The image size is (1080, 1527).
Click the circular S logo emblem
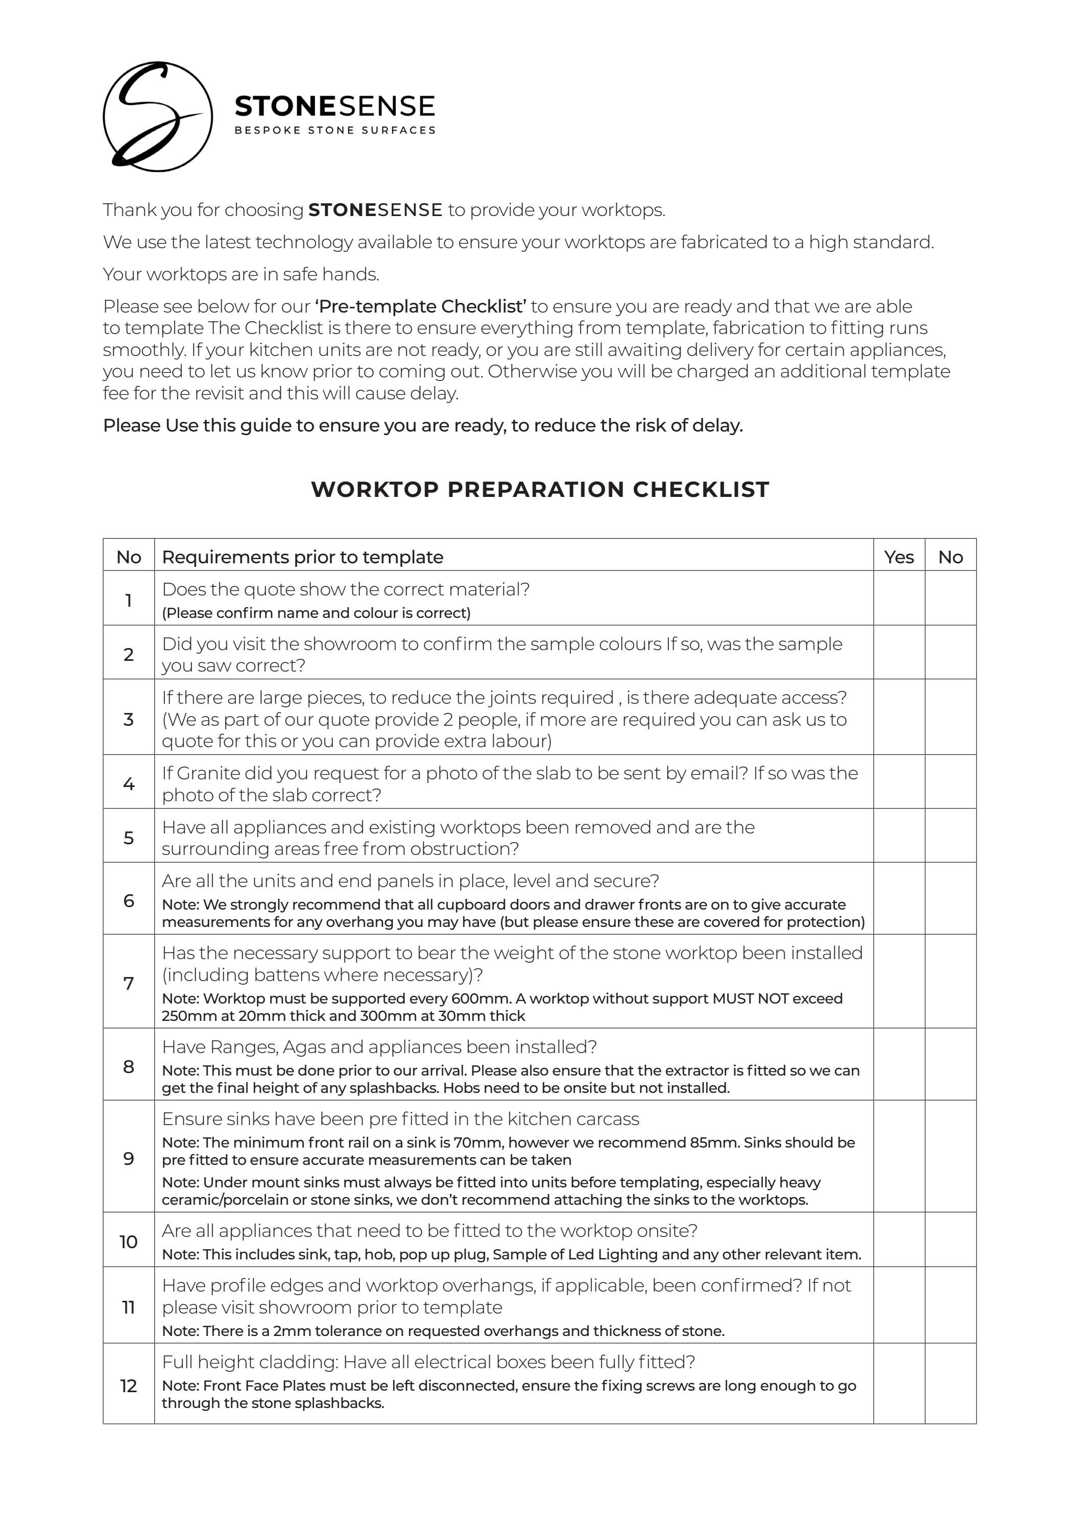pyautogui.click(x=158, y=116)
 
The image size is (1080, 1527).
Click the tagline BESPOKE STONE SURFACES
pyautogui.click(x=334, y=130)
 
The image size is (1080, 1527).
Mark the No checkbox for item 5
pyautogui.click(x=950, y=836)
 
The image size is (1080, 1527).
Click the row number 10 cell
pyautogui.click(x=128, y=1242)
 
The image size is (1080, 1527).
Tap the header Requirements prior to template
pyautogui.click(x=303, y=557)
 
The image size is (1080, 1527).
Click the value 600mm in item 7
pyautogui.click(x=473, y=998)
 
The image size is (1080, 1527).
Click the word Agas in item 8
pyautogui.click(x=304, y=1047)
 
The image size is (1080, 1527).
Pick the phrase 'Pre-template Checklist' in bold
pyautogui.click(x=421, y=306)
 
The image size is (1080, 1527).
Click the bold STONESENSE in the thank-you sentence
pyautogui.click(x=375, y=210)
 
